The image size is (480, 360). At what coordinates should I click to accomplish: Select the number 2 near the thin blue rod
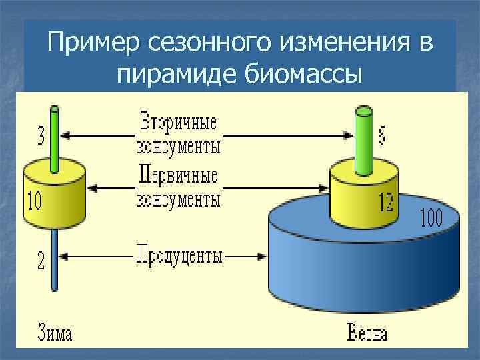[41, 260]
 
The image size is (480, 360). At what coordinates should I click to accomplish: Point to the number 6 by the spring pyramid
[381, 135]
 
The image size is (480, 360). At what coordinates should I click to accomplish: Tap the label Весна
[367, 333]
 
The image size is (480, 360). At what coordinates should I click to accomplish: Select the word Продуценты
[179, 255]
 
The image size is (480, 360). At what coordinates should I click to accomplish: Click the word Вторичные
[178, 124]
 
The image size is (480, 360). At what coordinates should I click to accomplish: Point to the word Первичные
[178, 177]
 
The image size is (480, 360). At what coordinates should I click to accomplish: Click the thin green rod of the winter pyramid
[55, 140]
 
